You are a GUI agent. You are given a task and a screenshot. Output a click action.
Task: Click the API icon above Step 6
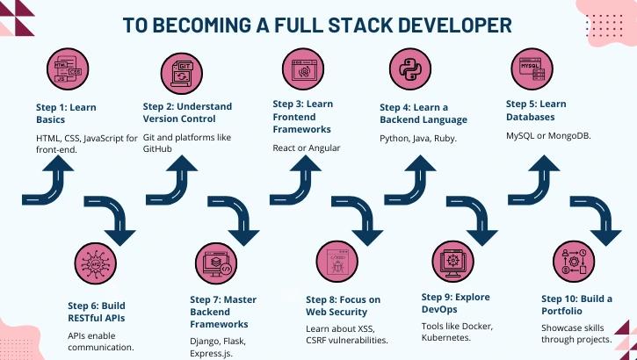pos(96,263)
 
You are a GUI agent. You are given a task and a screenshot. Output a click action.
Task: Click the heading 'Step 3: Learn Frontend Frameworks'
pos(303,116)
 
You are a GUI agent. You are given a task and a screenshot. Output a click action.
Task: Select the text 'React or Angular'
pos(307,148)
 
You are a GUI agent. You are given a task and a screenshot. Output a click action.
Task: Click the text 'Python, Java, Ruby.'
pos(418,139)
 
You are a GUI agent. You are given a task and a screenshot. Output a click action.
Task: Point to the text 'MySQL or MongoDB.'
pos(547,134)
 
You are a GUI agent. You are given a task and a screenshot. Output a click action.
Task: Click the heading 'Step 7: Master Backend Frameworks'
pos(223,311)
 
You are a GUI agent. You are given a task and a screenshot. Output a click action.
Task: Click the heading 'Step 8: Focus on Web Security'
pos(344,306)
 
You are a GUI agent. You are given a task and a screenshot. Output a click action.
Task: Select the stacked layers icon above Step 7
pos(216,263)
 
